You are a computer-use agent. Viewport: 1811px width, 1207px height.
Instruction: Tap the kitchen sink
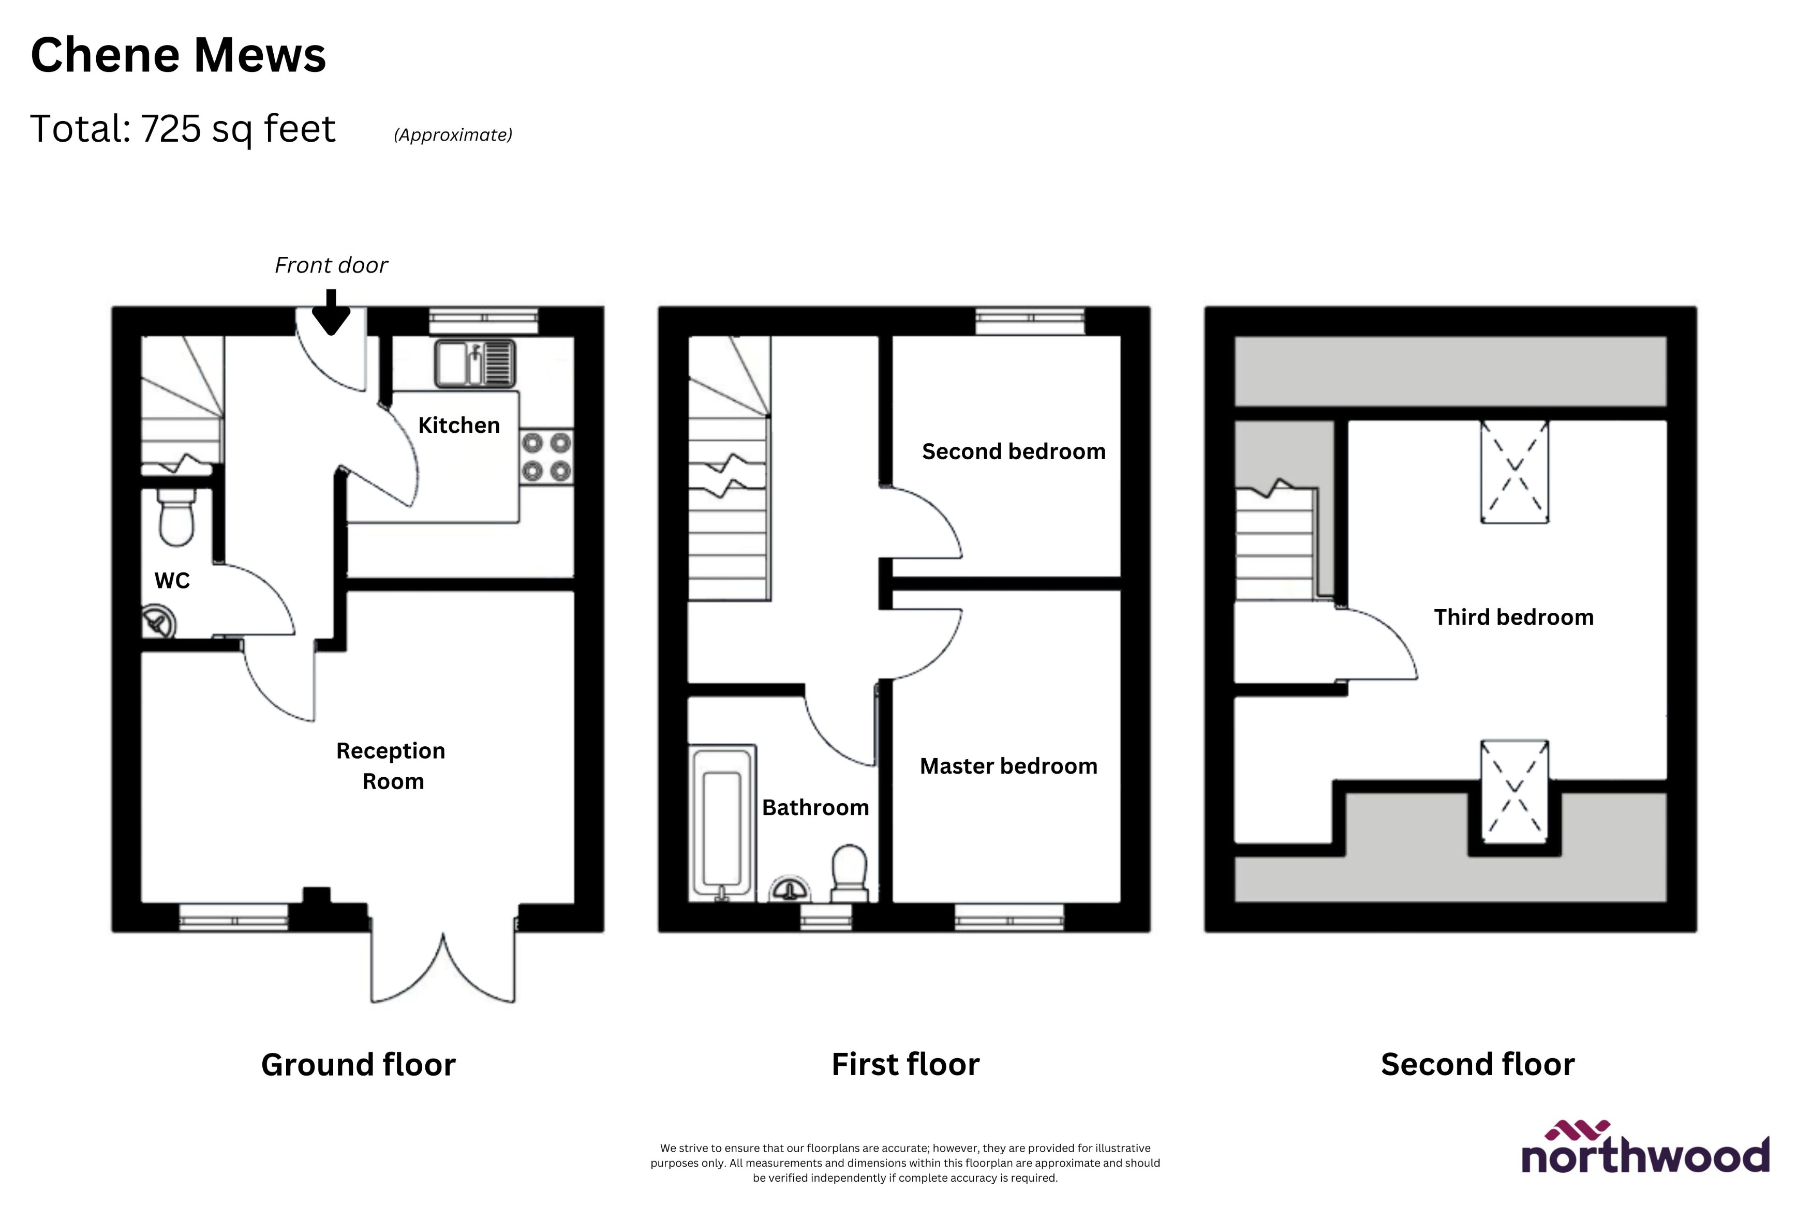point(474,364)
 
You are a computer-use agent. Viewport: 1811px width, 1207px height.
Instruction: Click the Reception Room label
point(391,766)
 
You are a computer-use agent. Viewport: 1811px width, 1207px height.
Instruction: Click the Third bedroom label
point(1513,617)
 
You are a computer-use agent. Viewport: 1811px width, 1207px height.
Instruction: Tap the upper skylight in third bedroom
point(1514,472)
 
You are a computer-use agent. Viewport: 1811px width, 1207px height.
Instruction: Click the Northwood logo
point(1645,1149)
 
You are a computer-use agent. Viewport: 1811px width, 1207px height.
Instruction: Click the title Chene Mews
point(178,55)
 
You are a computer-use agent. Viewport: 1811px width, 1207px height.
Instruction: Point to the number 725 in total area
point(171,129)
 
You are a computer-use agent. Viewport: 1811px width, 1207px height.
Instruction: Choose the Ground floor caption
point(358,1065)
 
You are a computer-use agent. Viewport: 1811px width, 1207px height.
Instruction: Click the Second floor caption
point(1477,1065)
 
